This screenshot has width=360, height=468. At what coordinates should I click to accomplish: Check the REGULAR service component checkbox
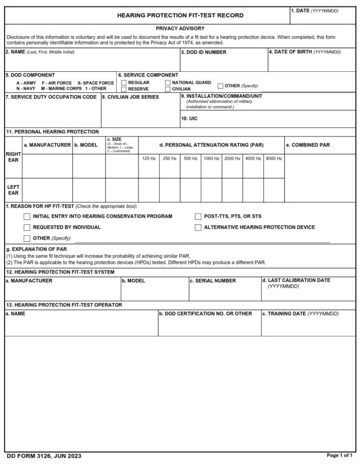(x=124, y=83)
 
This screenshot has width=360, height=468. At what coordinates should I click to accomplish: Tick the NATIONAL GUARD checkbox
(x=168, y=83)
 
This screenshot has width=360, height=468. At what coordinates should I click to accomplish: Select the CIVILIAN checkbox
(x=168, y=89)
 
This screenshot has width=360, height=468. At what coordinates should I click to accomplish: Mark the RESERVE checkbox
(x=124, y=89)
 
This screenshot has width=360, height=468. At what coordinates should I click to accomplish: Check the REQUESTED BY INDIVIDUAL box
(x=27, y=228)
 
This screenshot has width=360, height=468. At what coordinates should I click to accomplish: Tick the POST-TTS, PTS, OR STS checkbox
(x=198, y=216)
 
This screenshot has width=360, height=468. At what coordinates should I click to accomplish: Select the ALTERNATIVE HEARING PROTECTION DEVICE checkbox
(x=198, y=228)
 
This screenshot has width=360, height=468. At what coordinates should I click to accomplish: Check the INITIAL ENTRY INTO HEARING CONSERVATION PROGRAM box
(x=27, y=216)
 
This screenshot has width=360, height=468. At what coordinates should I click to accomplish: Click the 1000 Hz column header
(x=211, y=159)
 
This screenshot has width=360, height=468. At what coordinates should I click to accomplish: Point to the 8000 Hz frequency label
(x=274, y=159)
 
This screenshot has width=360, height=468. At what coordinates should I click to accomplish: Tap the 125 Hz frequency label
(x=149, y=159)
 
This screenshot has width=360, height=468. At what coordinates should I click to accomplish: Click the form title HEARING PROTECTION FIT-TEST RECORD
(x=180, y=15)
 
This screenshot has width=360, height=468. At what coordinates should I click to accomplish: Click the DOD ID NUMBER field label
(x=203, y=52)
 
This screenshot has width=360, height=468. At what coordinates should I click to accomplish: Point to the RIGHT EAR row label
(x=13, y=157)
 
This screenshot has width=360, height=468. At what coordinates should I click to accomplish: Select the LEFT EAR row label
(x=13, y=190)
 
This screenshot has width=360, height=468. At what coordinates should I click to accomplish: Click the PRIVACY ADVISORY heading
(x=180, y=29)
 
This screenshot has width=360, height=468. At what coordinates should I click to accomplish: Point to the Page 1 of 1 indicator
(x=339, y=455)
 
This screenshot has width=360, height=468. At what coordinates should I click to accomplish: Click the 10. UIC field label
(x=189, y=119)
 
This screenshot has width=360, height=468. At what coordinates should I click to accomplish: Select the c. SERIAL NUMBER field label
(x=212, y=281)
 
